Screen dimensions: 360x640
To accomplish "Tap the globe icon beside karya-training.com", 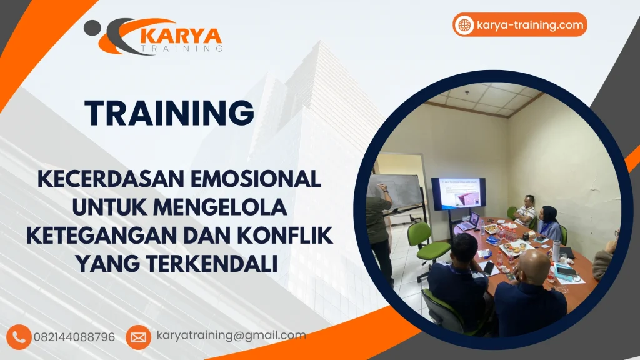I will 464,25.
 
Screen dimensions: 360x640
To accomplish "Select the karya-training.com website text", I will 529,25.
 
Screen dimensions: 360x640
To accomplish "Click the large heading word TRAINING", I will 170,113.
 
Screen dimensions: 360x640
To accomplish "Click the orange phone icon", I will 21,337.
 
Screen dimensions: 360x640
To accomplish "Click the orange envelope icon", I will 138,337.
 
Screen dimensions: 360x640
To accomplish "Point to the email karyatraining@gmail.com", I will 231,336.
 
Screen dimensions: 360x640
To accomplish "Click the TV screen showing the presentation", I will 458,193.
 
